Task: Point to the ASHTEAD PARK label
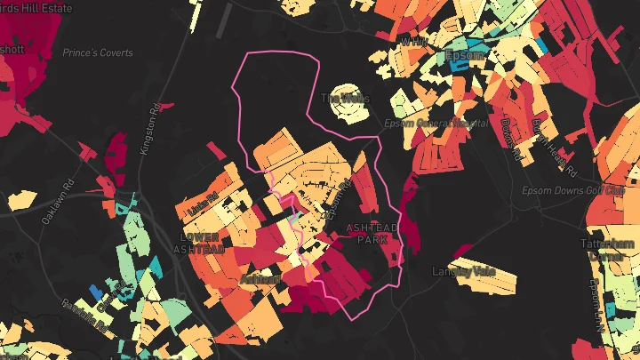point(372,234)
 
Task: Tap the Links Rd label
point(204,205)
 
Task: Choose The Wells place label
point(345,98)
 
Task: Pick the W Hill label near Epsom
point(412,42)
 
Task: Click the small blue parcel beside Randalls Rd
point(95,292)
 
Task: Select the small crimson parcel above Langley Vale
point(462,250)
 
